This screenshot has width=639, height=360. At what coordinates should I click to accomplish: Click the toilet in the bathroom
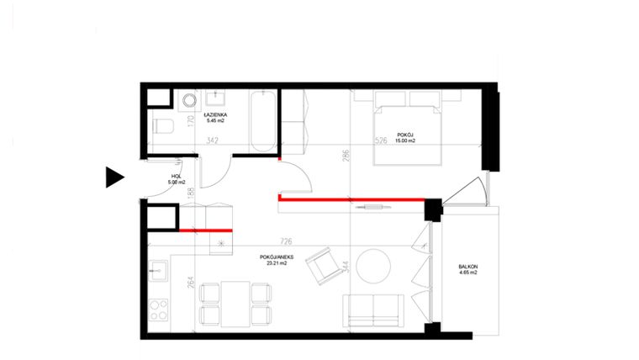pyautogui.click(x=162, y=128)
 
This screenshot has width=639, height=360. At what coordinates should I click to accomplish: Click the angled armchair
pyautogui.click(x=319, y=267)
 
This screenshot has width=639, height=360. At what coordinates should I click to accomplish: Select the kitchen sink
pyautogui.click(x=157, y=271)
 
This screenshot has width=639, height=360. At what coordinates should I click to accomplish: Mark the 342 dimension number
pyautogui.click(x=213, y=140)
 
